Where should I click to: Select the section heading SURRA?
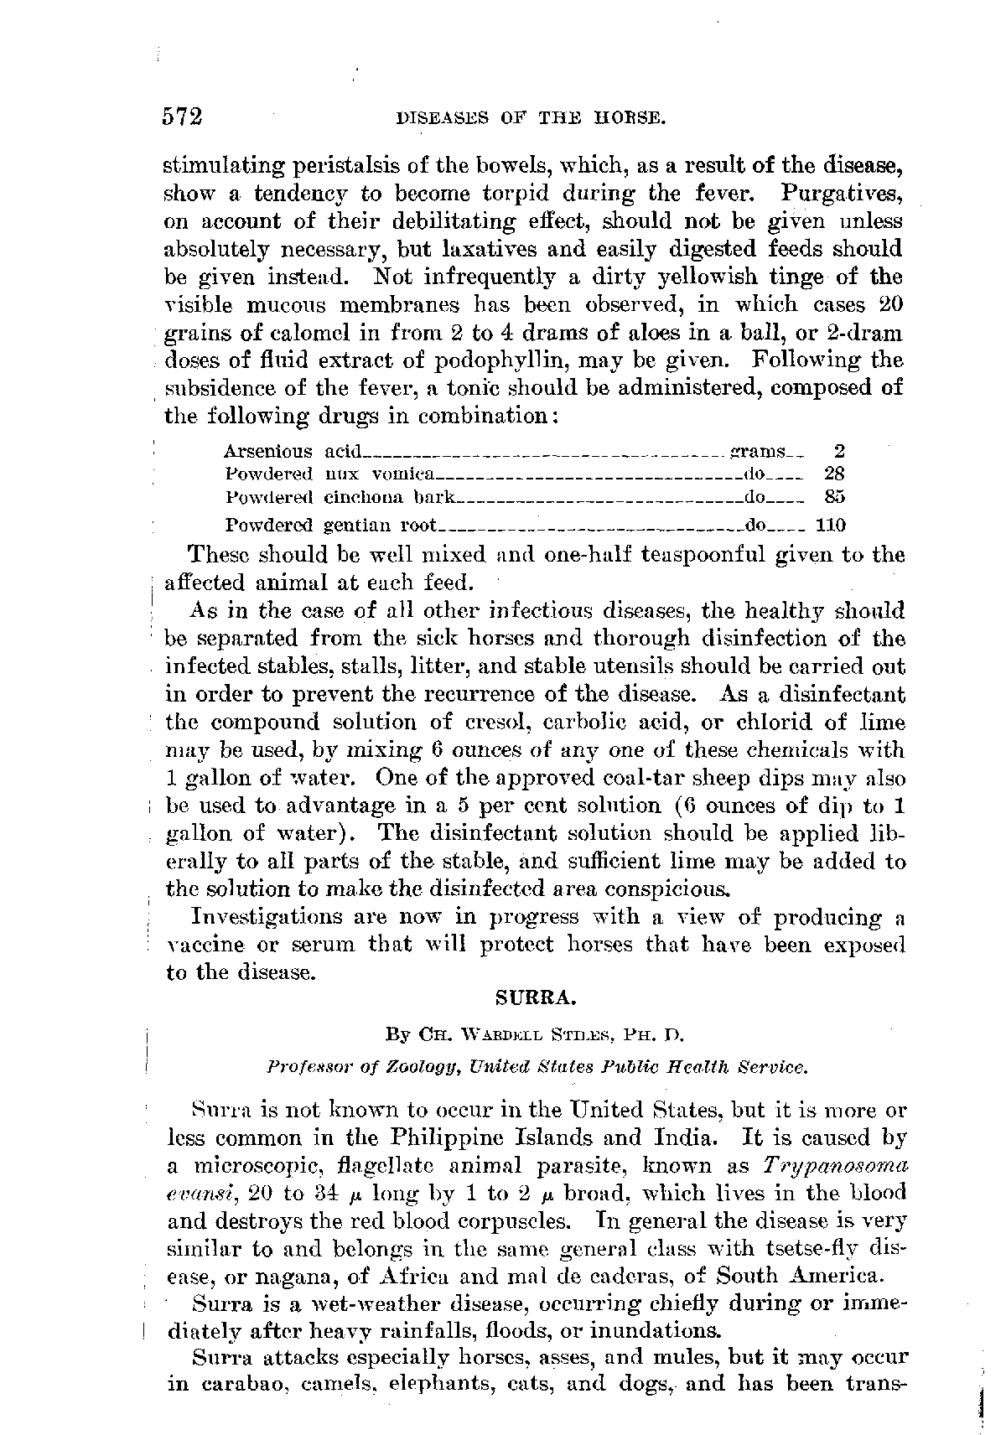pyautogui.click(x=536, y=999)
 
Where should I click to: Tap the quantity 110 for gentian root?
pyautogui.click(x=831, y=526)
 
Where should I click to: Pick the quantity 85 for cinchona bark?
pyautogui.click(x=834, y=496)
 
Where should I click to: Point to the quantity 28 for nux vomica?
pyautogui.click(x=834, y=474)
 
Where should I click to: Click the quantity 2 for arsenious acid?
pyautogui.click(x=840, y=452)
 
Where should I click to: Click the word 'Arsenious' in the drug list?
pyautogui.click(x=269, y=452)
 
